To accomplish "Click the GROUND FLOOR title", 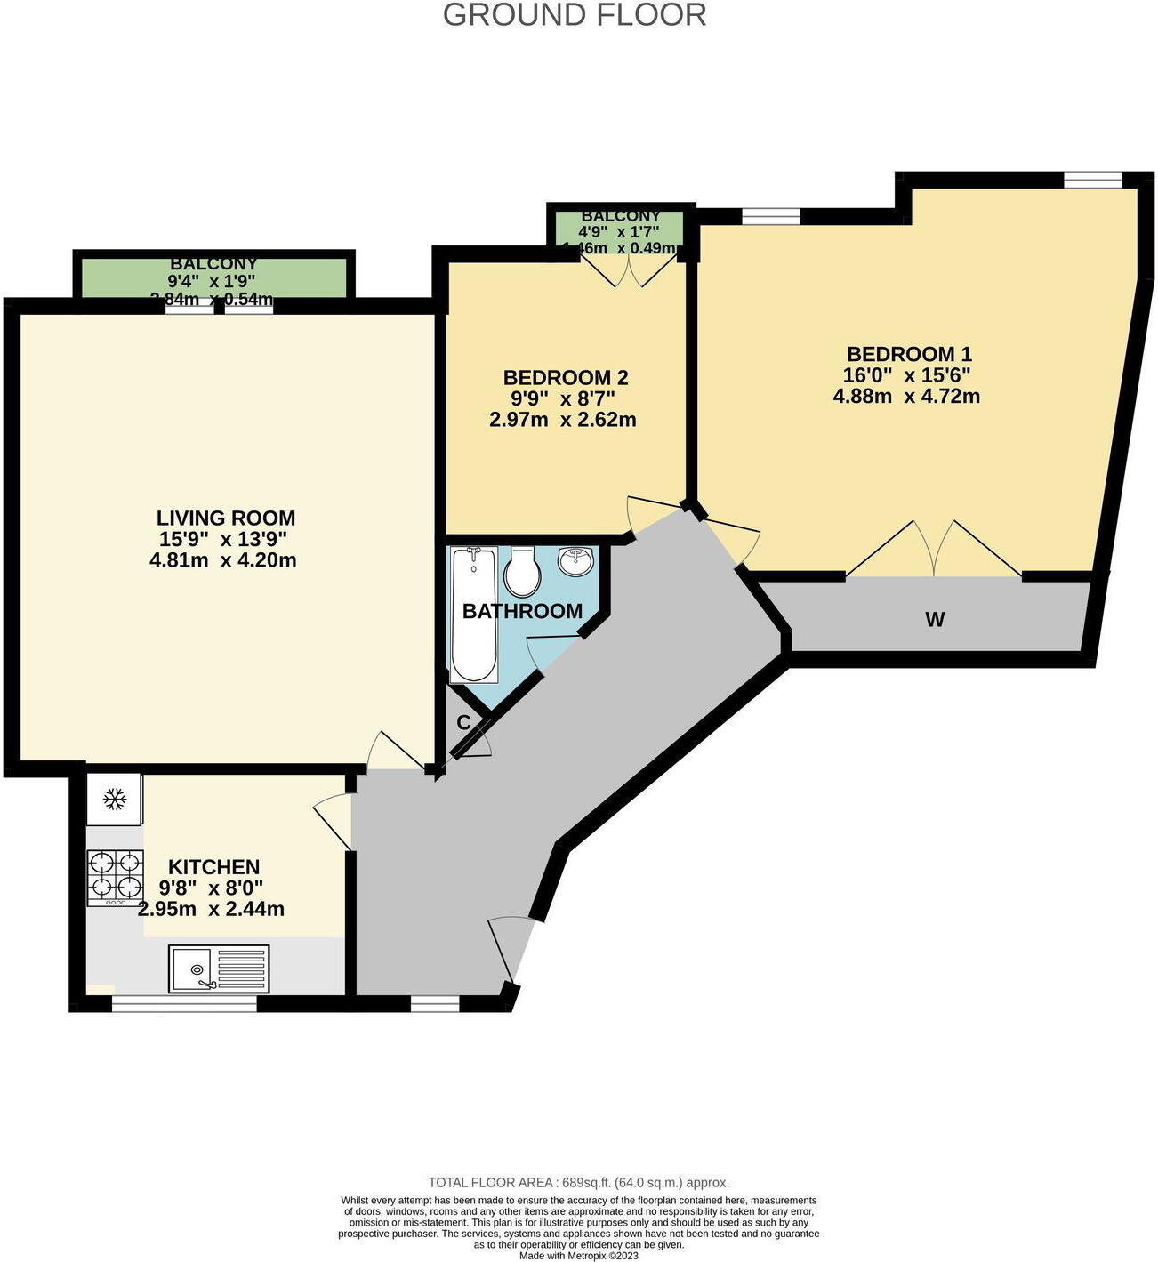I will coord(575,15).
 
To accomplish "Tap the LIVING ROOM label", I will coord(225,518).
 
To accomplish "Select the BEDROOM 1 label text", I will coord(908,354).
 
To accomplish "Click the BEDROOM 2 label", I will coord(565,377).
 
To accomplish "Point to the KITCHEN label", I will coord(213,866).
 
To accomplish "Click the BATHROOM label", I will coord(522,611).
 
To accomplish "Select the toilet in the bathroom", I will coord(522,572).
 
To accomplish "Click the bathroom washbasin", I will coord(576,560).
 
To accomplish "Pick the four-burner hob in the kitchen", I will coord(115,878).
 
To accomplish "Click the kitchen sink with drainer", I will coord(218,969).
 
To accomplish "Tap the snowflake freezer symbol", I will coord(114,800).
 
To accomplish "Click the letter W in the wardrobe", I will coord(934,620).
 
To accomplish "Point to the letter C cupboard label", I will coord(463,723).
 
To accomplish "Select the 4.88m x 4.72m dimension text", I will coord(906,397).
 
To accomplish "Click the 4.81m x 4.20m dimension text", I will coord(223,560).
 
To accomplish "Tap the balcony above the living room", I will coord(213,277).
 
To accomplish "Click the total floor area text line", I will coord(578,1182).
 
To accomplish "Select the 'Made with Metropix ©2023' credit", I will coord(578,1255).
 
